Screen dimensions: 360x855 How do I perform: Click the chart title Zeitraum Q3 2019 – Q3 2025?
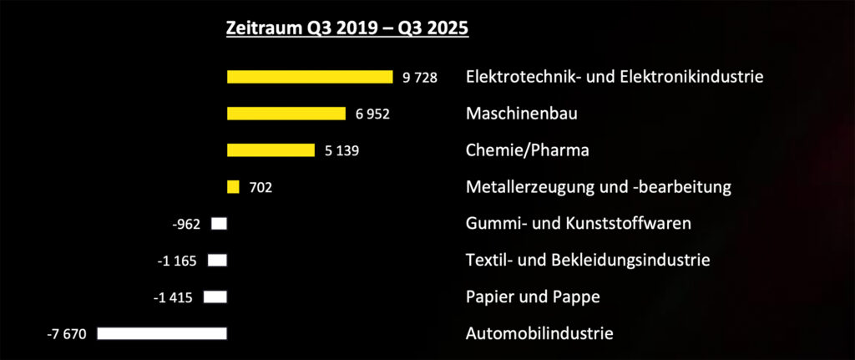click(x=347, y=28)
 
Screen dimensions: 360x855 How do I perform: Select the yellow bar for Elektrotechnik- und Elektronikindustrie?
click(x=310, y=77)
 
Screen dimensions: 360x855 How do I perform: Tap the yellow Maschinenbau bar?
click(x=286, y=114)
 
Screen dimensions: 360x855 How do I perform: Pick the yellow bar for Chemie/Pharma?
click(x=271, y=150)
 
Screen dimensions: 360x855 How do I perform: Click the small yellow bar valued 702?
click(x=233, y=187)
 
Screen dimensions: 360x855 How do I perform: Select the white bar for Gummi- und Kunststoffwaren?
click(x=220, y=224)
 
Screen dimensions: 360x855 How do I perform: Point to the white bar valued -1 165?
click(x=217, y=261)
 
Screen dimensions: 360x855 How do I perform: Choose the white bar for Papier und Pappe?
click(x=215, y=297)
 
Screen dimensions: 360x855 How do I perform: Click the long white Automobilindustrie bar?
click(x=162, y=333)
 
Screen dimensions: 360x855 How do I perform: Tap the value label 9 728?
click(x=419, y=78)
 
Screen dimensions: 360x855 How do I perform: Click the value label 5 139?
click(x=341, y=151)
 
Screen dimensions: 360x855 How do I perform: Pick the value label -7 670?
click(x=68, y=334)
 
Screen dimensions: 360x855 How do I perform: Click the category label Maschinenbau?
click(x=521, y=114)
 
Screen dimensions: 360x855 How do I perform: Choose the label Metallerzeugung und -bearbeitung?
click(x=599, y=187)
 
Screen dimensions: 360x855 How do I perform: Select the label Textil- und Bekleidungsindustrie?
click(x=588, y=260)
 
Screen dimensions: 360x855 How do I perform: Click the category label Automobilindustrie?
click(x=539, y=333)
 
